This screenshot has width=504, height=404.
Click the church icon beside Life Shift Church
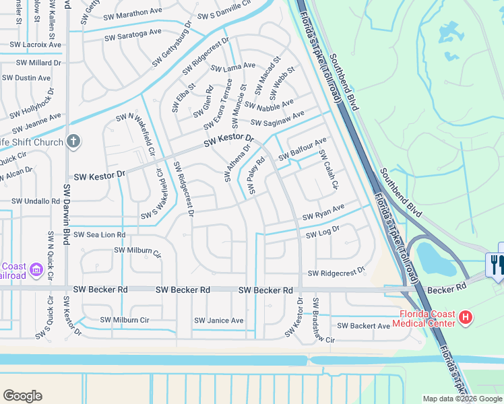pyautogui.click(x=73, y=141)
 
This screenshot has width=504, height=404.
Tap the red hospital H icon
pyautogui.click(x=464, y=316)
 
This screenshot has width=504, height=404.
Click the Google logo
pyautogui.click(x=22, y=396)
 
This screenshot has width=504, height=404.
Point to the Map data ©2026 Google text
pyautogui.click(x=462, y=399)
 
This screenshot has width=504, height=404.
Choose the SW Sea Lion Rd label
pyautogui.click(x=97, y=235)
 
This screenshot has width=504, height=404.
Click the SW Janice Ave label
pyautogui.click(x=219, y=321)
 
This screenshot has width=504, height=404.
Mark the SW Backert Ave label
pyautogui.click(x=363, y=326)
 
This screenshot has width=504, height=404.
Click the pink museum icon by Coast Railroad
pyautogui.click(x=36, y=271)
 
